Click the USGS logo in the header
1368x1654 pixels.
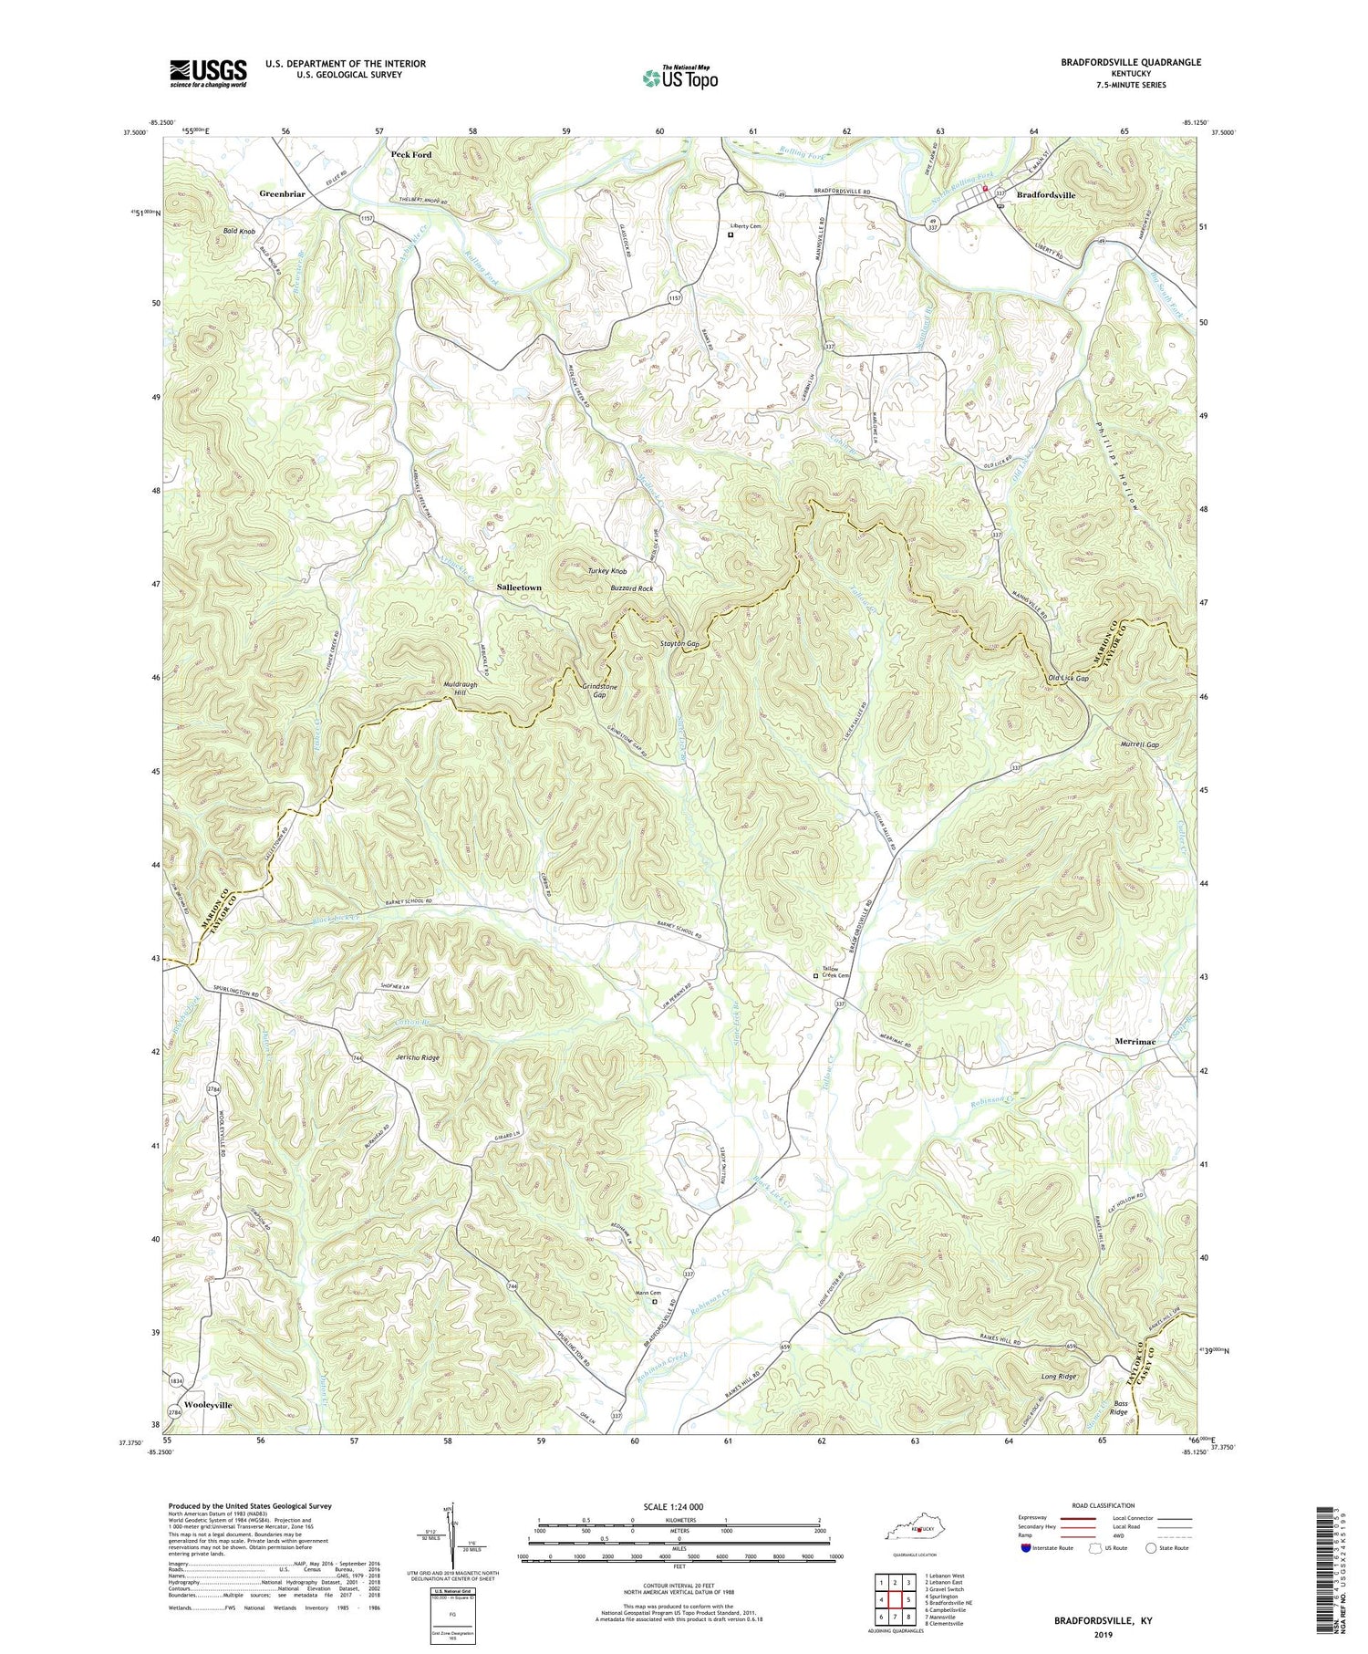pyautogui.click(x=208, y=73)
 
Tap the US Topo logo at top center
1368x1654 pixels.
pyautogui.click(x=679, y=78)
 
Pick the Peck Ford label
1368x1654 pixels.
pyautogui.click(x=411, y=155)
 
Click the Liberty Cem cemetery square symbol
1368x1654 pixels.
pyautogui.click(x=731, y=234)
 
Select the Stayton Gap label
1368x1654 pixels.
pyautogui.click(x=679, y=644)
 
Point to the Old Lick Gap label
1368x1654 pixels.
pyautogui.click(x=1069, y=679)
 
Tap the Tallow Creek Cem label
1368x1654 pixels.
pyautogui.click(x=835, y=973)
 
